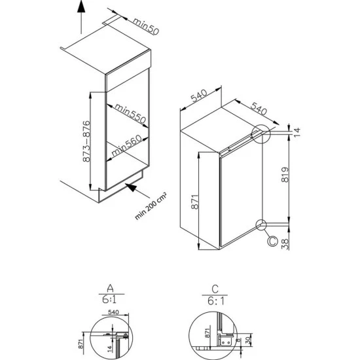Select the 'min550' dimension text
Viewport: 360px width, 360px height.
point(128,115)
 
